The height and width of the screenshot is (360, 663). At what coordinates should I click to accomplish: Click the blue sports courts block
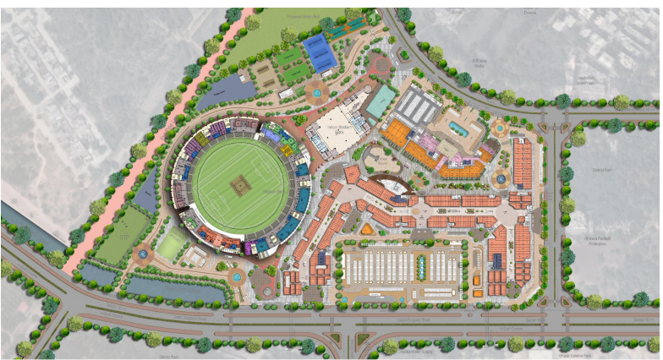tap(320, 53)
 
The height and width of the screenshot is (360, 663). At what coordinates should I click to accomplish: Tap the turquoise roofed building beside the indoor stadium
tap(381, 100)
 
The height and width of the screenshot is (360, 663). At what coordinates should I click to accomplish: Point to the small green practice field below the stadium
tap(172, 246)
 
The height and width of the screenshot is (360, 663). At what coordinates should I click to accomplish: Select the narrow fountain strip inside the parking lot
tap(421, 268)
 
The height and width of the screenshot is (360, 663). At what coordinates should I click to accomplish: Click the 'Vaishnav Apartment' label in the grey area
tap(584, 80)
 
